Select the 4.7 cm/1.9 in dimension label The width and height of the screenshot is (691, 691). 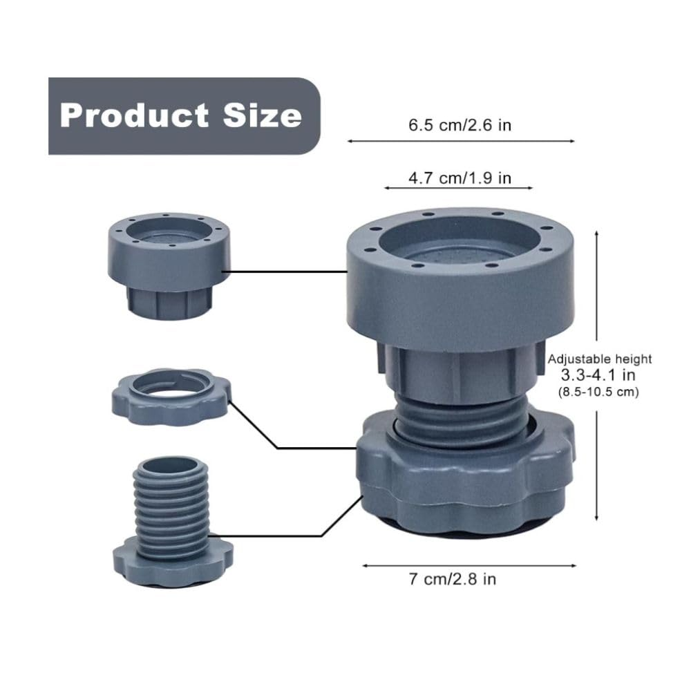point(460,178)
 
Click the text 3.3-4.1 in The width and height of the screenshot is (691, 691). point(599,375)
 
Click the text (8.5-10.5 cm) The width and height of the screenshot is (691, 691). point(598,391)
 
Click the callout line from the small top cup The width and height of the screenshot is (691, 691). point(287,272)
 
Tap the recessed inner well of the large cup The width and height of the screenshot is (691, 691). point(460,249)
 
